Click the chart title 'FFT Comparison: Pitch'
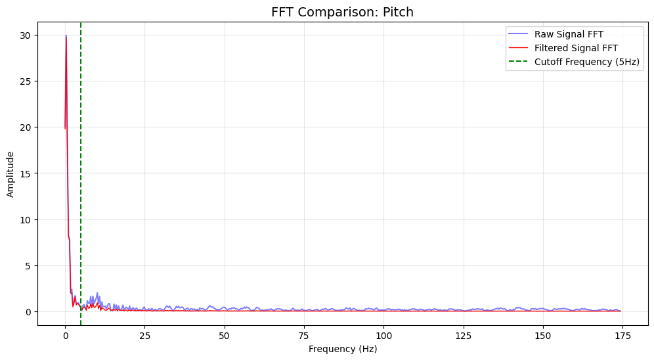coord(342,12)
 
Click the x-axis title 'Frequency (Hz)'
coord(342,349)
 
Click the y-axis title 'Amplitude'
coord(11,173)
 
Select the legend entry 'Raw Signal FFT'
coord(569,34)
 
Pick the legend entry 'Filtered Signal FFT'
coord(576,48)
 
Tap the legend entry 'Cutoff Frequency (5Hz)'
coord(587,62)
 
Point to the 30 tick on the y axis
coord(28,35)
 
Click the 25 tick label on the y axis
coord(28,81)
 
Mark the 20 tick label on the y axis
coord(28,127)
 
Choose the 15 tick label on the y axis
coord(28,173)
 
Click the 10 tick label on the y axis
coord(28,219)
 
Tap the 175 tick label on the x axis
coord(622,336)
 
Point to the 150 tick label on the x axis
coord(543,336)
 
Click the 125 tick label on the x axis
coord(464,336)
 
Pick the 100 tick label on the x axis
coord(383,336)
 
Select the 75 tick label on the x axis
coord(304,336)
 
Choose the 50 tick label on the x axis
coord(225,336)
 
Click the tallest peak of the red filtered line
coord(66,36)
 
